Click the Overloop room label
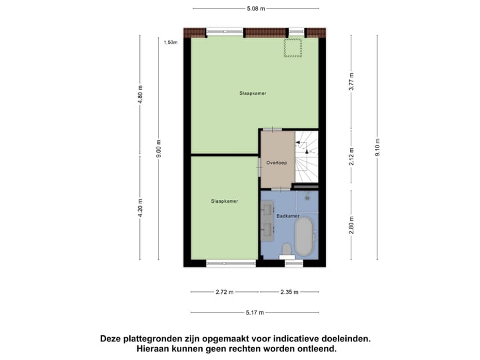275,162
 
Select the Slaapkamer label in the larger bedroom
253,93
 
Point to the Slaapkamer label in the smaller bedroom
225,201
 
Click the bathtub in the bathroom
305,237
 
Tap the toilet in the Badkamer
287,250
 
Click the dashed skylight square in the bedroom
292,49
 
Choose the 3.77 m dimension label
351,82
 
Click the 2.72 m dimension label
225,292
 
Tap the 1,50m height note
171,42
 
